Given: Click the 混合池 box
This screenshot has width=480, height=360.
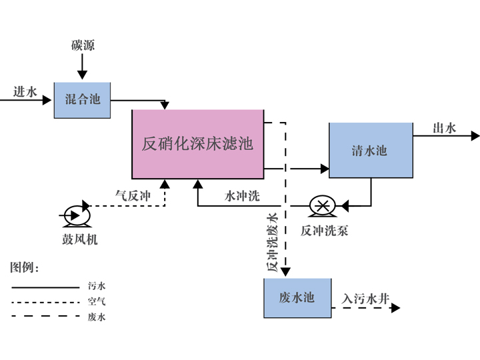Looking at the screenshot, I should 82,99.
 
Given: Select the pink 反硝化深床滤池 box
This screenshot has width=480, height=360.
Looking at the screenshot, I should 198,144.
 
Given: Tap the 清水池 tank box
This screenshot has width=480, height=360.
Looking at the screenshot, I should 371,150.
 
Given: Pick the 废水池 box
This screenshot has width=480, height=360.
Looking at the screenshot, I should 297,297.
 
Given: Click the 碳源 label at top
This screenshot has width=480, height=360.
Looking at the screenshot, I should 83,46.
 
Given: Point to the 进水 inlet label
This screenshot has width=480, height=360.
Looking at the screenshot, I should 25,92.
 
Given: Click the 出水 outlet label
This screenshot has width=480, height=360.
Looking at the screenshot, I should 445,128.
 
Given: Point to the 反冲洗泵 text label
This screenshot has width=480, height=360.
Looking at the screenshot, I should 324,231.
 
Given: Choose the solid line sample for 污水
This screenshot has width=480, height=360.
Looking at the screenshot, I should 45,287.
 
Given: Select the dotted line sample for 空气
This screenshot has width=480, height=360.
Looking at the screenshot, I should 45,302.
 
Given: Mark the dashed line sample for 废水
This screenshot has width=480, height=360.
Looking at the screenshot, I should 45,317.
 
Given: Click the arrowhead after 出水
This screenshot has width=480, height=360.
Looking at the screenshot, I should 475,136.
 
